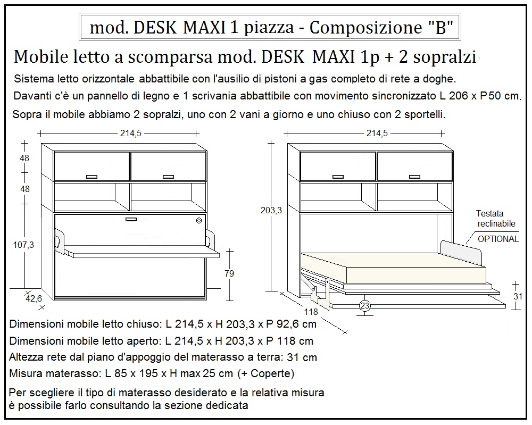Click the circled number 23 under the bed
[365, 305]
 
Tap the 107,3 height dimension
[24, 245]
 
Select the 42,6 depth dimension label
[34, 299]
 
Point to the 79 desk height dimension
[229, 273]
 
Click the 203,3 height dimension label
[272, 210]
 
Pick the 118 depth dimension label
[311, 312]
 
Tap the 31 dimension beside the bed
[516, 297]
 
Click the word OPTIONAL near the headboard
[498, 239]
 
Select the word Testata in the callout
[489, 213]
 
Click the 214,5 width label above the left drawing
[130, 134]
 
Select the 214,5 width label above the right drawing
[377, 134]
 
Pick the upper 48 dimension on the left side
[24, 158]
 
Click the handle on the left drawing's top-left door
[92, 176]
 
